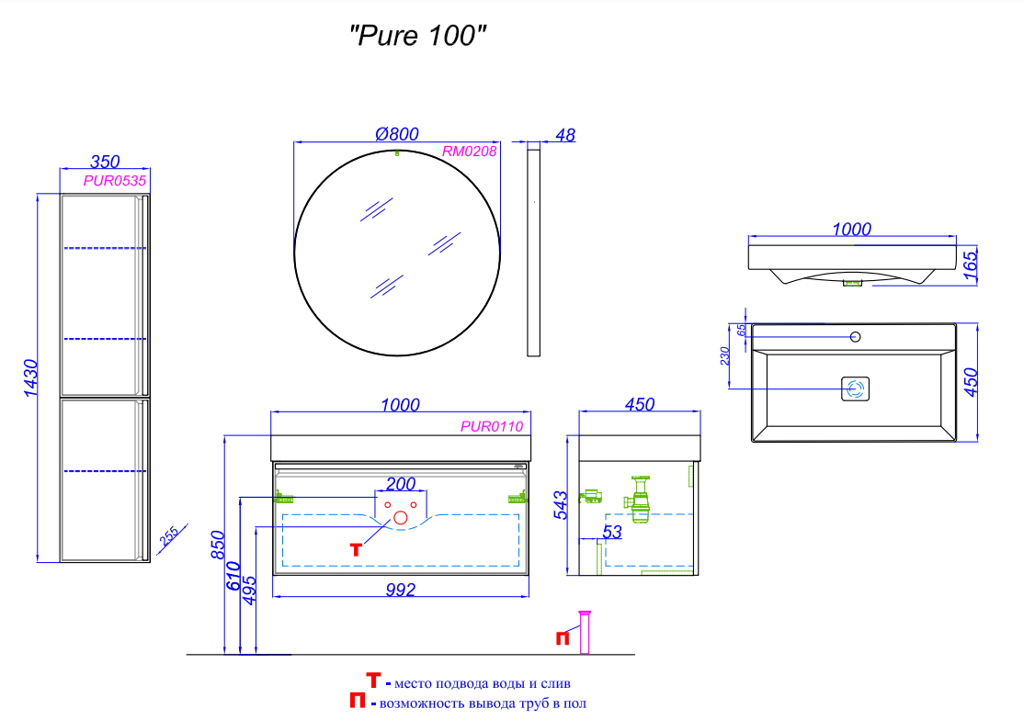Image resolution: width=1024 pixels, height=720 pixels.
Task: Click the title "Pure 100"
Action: pyautogui.click(x=417, y=37)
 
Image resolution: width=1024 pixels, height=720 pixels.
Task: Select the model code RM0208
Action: pyautogui.click(x=469, y=152)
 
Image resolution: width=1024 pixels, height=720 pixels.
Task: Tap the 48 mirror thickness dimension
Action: pyautogui.click(x=565, y=135)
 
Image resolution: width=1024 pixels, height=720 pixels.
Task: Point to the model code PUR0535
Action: pyautogui.click(x=115, y=181)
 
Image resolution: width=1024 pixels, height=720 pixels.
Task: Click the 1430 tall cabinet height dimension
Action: pyautogui.click(x=28, y=377)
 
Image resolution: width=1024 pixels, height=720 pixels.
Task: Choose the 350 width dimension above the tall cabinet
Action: pyautogui.click(x=103, y=163)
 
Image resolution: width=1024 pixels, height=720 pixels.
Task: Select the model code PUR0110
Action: pyautogui.click(x=492, y=426)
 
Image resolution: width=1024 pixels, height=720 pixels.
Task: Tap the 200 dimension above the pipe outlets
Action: pyautogui.click(x=401, y=484)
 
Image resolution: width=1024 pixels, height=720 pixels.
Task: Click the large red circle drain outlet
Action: pyautogui.click(x=401, y=519)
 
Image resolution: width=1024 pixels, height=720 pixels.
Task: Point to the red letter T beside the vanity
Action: pyautogui.click(x=358, y=549)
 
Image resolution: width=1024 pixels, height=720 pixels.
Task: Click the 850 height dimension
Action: pyautogui.click(x=218, y=546)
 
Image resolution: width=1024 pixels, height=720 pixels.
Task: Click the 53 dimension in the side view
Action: pyautogui.click(x=612, y=532)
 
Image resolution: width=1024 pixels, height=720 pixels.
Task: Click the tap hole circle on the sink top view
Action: pyautogui.click(x=855, y=337)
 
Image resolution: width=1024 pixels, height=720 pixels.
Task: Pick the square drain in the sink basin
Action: pyautogui.click(x=856, y=389)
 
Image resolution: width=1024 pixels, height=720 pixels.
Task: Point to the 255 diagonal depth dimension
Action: pyautogui.click(x=169, y=537)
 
